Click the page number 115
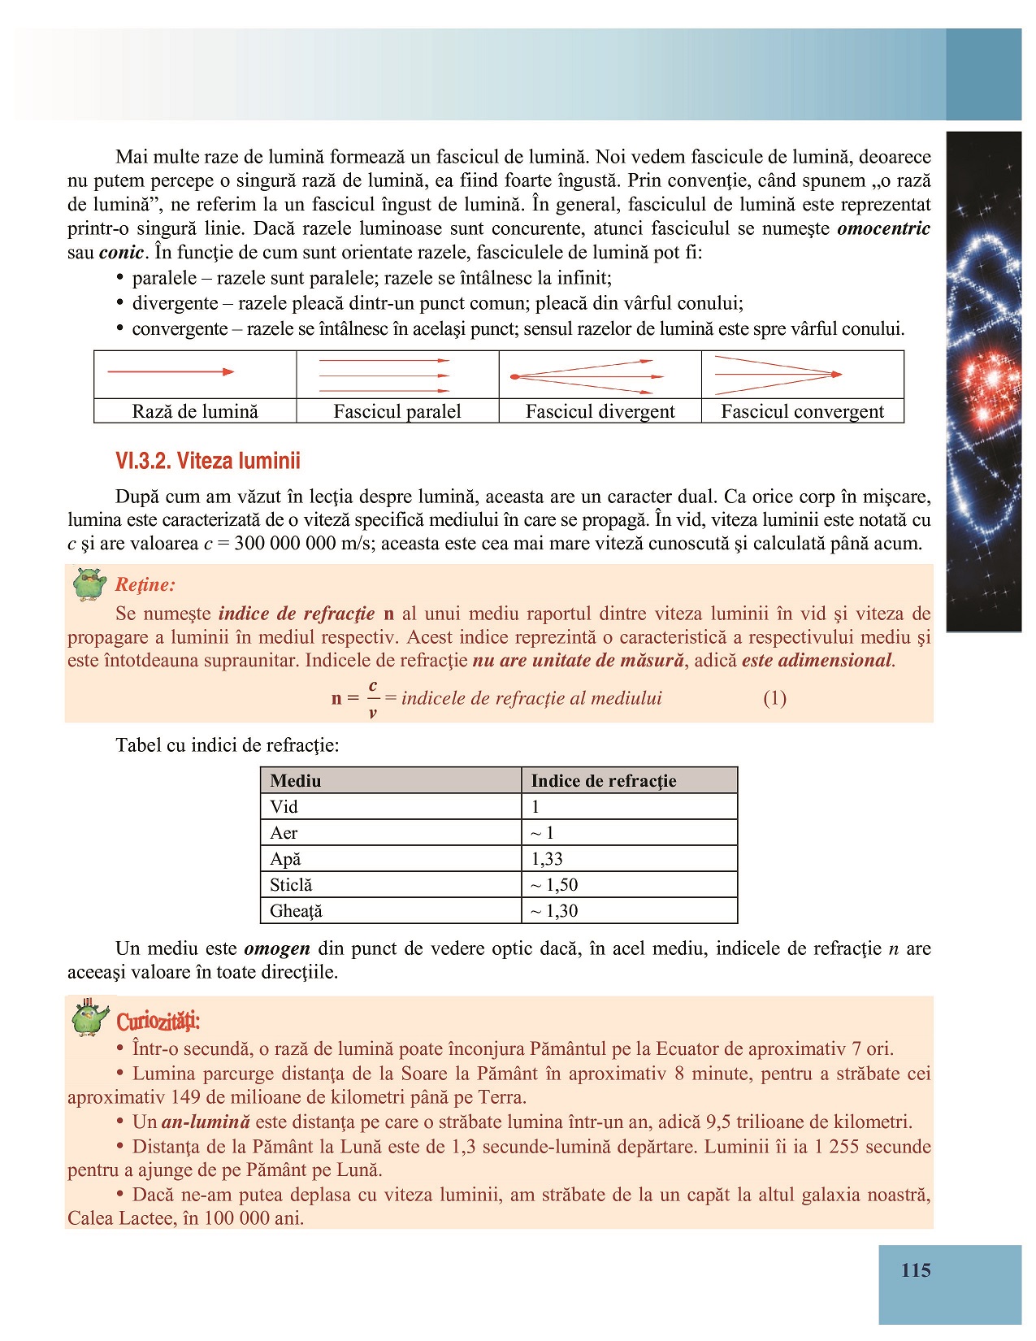(916, 1271)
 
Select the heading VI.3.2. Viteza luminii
(208, 462)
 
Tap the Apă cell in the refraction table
(285, 859)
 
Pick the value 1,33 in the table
(547, 859)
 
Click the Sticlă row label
(291, 885)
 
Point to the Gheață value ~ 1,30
(554, 911)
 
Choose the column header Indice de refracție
(603, 781)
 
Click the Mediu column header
(296, 781)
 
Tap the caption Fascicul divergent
(600, 412)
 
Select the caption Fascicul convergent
(802, 412)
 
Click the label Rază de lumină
(195, 412)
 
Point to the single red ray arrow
(171, 372)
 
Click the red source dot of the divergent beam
(514, 377)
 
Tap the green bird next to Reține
(89, 584)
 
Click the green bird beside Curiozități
(89, 1018)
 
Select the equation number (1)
(774, 698)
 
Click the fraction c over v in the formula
(373, 699)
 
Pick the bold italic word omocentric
(883, 228)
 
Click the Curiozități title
(158, 1021)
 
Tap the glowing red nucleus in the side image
(991, 379)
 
